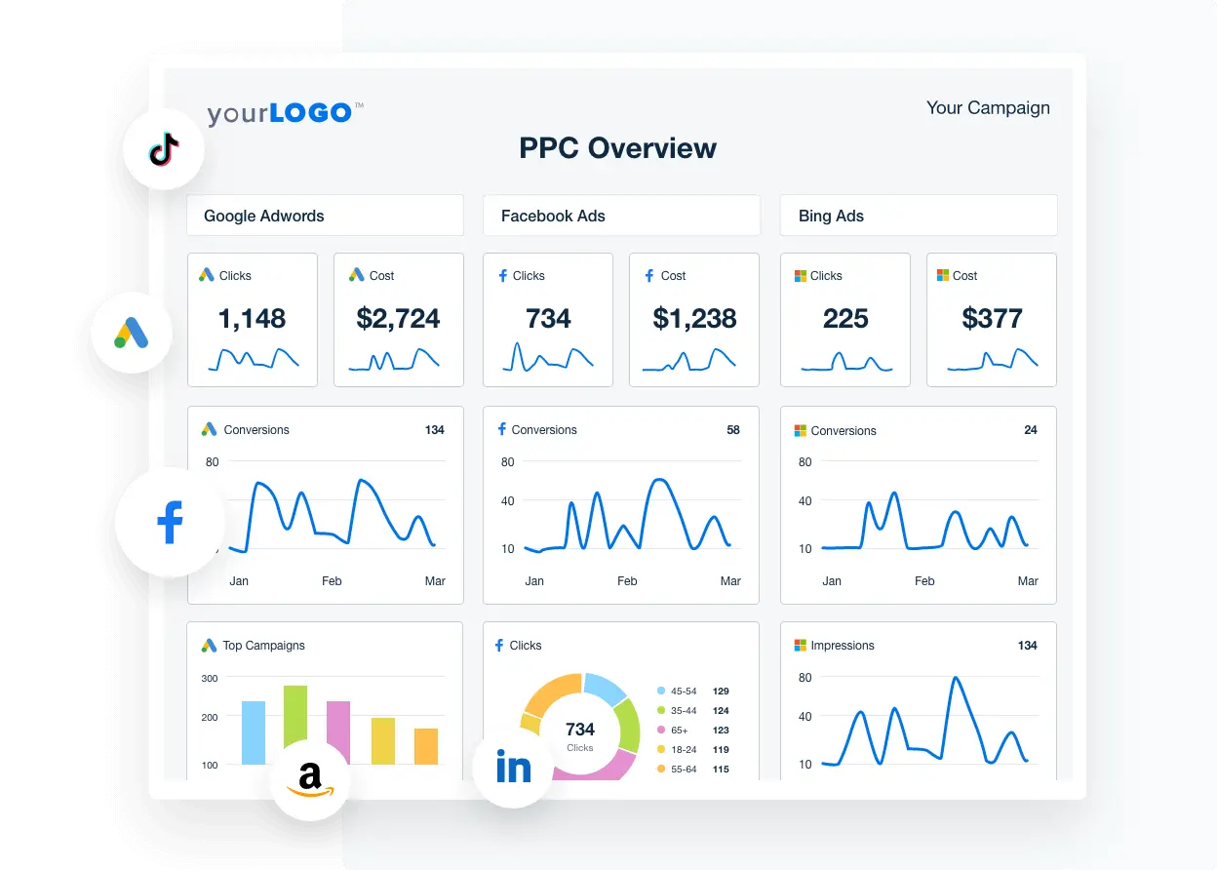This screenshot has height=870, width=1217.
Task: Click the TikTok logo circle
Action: (163, 149)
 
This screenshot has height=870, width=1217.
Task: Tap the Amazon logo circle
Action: (310, 779)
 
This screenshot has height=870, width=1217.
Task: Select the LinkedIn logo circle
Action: (513, 768)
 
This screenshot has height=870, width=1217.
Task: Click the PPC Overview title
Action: (617, 148)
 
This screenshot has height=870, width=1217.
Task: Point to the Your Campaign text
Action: (988, 107)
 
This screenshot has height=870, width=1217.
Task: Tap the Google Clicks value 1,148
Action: (252, 318)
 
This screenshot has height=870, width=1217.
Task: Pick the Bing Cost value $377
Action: (991, 318)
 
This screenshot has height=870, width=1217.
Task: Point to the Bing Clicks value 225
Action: (844, 318)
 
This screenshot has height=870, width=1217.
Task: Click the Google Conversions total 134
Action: (434, 429)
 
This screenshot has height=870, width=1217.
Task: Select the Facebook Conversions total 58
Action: (732, 429)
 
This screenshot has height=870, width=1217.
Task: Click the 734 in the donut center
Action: (579, 729)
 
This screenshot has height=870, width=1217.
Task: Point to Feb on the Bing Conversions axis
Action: (923, 580)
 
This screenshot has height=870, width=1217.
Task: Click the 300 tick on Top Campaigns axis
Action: (210, 678)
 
